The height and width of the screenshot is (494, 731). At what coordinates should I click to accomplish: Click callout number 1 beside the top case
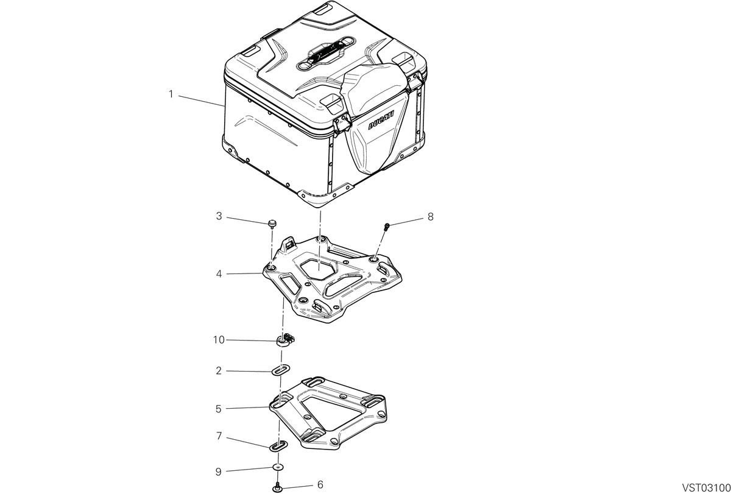click(171, 94)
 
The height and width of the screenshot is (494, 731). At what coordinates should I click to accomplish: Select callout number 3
click(219, 216)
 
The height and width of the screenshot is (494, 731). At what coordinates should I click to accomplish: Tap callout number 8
click(431, 217)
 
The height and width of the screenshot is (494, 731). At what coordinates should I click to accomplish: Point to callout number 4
click(219, 273)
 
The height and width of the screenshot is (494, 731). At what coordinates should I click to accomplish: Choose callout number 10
click(219, 340)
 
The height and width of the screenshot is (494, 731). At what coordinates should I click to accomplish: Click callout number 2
click(219, 371)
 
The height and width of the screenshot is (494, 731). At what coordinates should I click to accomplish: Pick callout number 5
click(219, 409)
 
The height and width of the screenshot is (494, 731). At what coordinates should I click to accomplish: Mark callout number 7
click(219, 436)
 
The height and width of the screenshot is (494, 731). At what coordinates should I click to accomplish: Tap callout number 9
click(219, 472)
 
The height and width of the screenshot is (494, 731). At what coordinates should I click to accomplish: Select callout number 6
click(320, 485)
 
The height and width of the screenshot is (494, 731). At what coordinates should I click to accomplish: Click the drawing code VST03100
click(706, 488)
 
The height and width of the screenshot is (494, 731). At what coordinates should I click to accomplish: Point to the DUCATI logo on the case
click(381, 120)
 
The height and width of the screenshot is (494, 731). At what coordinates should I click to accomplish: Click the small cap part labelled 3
click(272, 224)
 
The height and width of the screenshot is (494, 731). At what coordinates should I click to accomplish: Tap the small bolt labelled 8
click(387, 227)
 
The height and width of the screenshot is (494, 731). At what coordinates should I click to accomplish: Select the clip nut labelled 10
click(285, 341)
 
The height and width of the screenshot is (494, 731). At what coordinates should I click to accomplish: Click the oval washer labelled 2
click(280, 370)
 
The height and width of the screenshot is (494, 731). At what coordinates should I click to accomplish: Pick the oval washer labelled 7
click(278, 446)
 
